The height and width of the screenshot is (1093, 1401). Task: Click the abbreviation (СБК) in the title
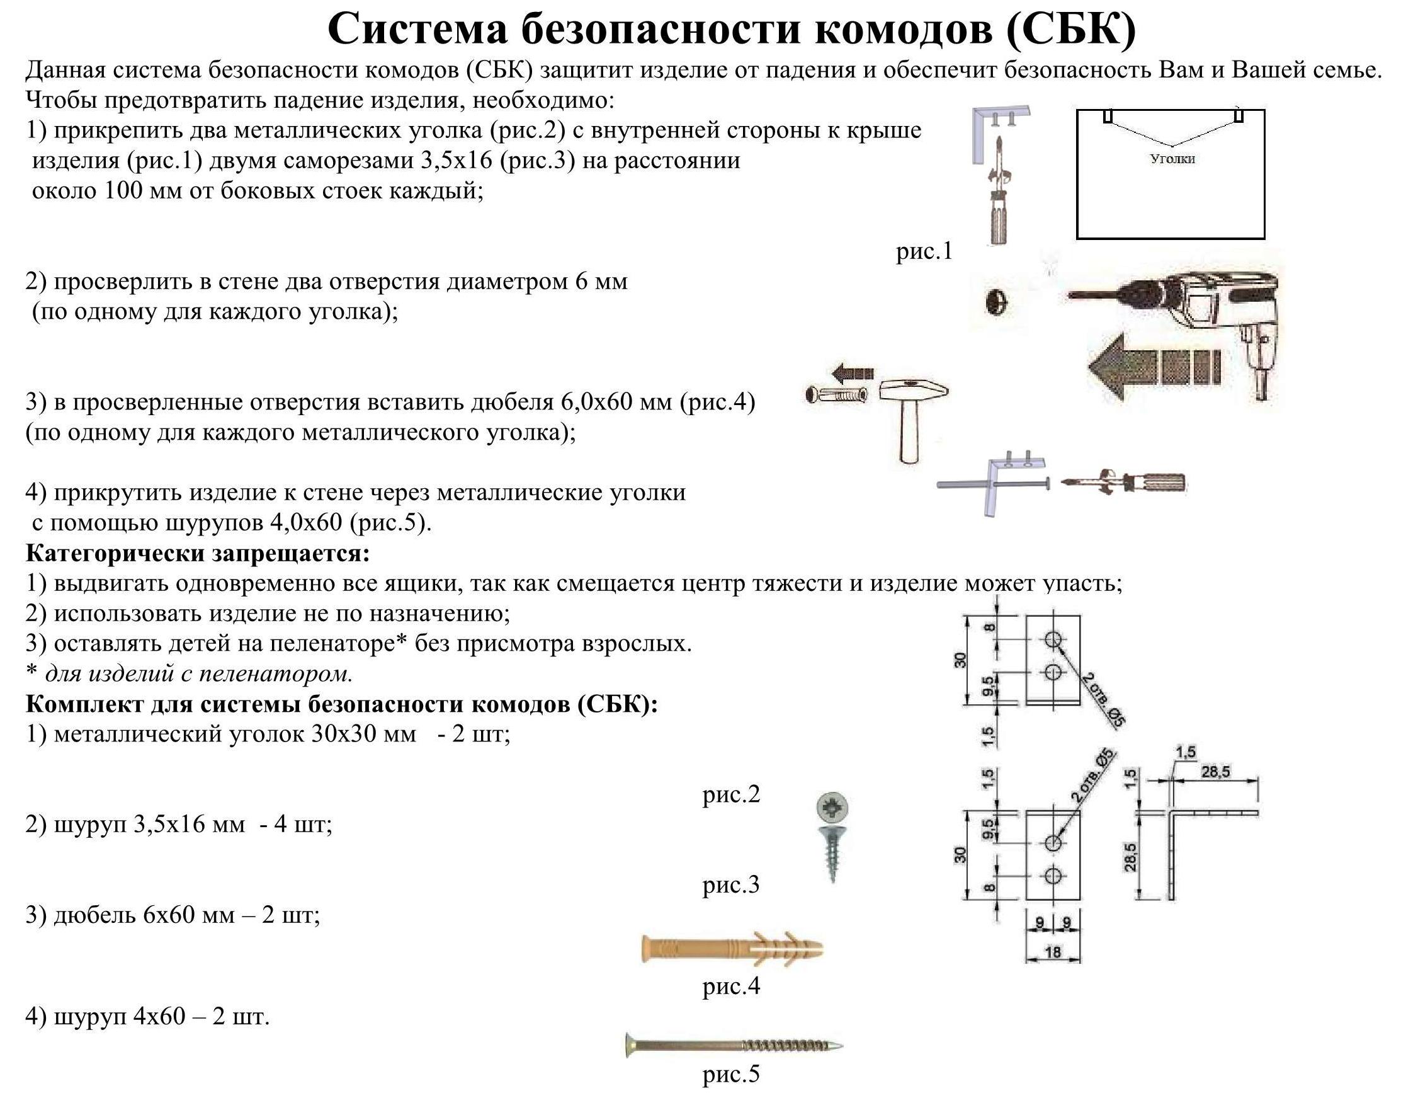click(1070, 28)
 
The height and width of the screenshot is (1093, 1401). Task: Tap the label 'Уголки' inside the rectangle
click(1172, 159)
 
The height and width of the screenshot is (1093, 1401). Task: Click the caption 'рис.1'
click(924, 251)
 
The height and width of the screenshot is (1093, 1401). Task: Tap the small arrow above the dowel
click(853, 372)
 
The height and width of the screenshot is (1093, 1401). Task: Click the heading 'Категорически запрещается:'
click(198, 553)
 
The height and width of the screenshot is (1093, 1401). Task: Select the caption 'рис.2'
click(730, 794)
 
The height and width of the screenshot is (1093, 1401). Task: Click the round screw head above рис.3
click(832, 808)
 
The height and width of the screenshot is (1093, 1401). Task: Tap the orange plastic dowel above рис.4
click(731, 949)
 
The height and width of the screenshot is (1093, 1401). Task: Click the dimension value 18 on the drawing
click(1053, 952)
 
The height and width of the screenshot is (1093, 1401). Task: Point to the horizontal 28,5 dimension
click(1215, 772)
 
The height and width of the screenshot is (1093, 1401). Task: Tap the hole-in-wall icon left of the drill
click(997, 302)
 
